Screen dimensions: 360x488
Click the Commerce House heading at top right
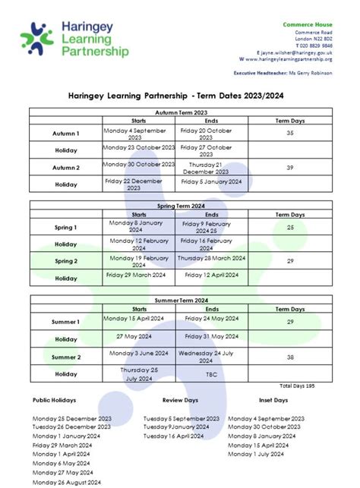pyautogui.click(x=308, y=25)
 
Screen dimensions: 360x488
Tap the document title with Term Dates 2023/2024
pyautogui.click(x=181, y=95)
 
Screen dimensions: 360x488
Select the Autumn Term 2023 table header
pyautogui.click(x=181, y=112)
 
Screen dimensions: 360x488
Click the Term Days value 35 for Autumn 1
pyautogui.click(x=289, y=133)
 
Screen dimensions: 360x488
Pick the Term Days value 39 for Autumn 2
pyautogui.click(x=289, y=167)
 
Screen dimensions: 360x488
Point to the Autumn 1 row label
pyautogui.click(x=66, y=134)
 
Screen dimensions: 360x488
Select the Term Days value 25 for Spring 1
pyautogui.click(x=289, y=227)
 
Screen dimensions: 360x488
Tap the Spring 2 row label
pyautogui.click(x=66, y=261)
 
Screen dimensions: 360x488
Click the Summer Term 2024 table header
pyautogui.click(x=181, y=301)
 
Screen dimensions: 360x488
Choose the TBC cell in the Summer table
pyautogui.click(x=212, y=373)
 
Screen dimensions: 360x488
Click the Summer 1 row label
pyautogui.click(x=66, y=323)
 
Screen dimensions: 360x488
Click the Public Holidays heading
pyautogui.click(x=52, y=400)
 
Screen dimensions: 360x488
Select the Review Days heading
pyautogui.click(x=181, y=400)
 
